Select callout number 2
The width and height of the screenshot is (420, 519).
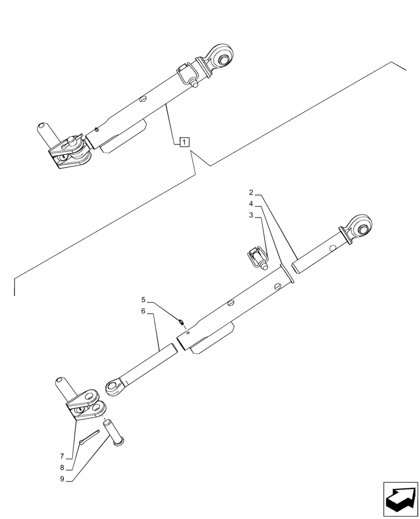tap(251, 192)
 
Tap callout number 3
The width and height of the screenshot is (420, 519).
tap(251, 215)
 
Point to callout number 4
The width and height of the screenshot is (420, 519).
tap(251, 203)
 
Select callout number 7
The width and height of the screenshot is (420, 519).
tap(62, 456)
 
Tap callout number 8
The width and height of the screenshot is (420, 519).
tap(62, 467)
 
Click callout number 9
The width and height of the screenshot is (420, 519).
tap(62, 479)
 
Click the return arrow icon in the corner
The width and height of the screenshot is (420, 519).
tap(400, 499)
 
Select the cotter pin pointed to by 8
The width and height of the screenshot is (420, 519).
tap(90, 437)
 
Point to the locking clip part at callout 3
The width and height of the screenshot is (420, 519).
tap(257, 258)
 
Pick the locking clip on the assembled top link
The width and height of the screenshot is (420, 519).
tap(188, 74)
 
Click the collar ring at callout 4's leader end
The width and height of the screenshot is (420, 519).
tap(287, 274)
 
